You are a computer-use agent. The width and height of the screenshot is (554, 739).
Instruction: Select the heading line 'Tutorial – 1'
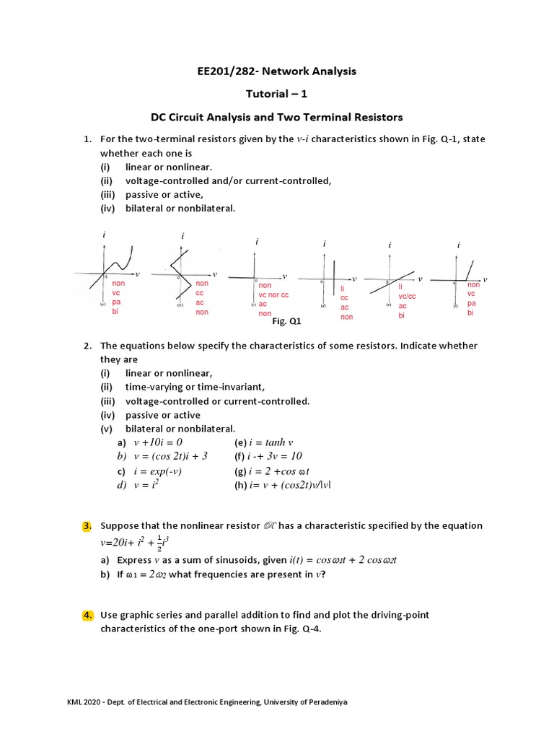tap(276, 94)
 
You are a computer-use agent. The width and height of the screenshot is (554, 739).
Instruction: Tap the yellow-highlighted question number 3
tap(87, 525)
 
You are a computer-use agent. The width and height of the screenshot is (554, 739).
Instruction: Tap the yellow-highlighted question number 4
tap(87, 615)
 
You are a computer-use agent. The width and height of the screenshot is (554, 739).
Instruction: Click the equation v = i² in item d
tap(146, 485)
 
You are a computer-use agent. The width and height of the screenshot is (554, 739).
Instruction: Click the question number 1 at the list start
tap(87, 139)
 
